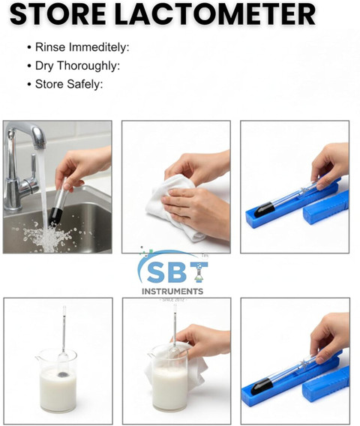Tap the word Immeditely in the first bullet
(x=99, y=47)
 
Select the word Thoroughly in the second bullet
(x=88, y=66)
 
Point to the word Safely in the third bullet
(x=85, y=84)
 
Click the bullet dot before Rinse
(x=29, y=47)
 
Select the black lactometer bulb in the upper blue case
(x=263, y=209)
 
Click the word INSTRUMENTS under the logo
(x=172, y=292)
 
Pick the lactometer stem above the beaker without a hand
(x=64, y=328)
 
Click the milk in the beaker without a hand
(x=58, y=388)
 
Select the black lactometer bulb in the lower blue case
(x=261, y=387)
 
